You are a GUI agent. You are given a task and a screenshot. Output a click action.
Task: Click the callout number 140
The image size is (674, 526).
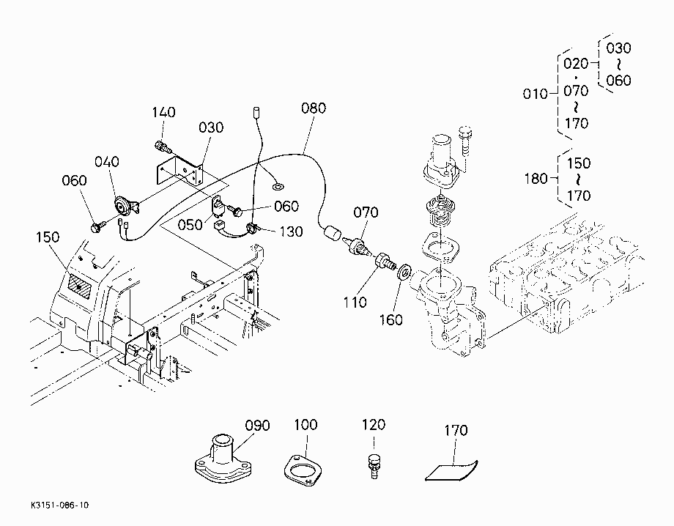(163, 112)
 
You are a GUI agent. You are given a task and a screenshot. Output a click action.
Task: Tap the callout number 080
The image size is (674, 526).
(314, 108)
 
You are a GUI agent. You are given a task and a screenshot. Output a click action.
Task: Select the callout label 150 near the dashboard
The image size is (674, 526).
(48, 237)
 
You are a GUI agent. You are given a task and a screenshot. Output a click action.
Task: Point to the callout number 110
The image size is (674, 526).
(355, 302)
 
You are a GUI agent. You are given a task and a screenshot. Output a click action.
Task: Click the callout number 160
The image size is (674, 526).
(390, 319)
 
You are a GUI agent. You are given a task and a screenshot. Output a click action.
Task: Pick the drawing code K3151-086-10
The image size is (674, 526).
(60, 505)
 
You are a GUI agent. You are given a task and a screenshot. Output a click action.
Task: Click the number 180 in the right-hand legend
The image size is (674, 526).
(536, 178)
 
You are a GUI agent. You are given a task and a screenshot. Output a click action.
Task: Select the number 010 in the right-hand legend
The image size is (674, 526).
(535, 94)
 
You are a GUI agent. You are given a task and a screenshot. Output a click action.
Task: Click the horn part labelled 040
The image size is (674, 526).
(125, 206)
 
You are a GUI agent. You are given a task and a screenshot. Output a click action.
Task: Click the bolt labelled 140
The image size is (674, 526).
(163, 147)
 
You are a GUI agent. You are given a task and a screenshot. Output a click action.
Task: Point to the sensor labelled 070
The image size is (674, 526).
(358, 249)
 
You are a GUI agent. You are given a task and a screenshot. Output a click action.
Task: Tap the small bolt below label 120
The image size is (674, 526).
(373, 466)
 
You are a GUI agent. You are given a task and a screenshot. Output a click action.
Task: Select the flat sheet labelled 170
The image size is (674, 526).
(451, 470)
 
